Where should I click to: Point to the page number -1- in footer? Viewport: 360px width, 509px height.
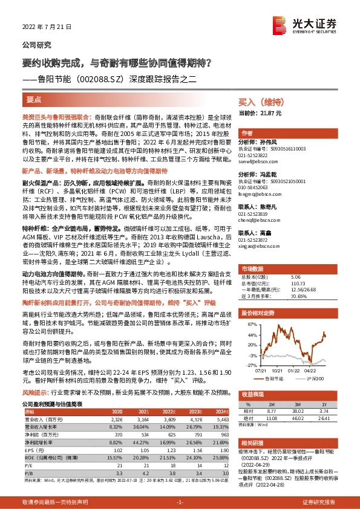(x=179, y=502)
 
